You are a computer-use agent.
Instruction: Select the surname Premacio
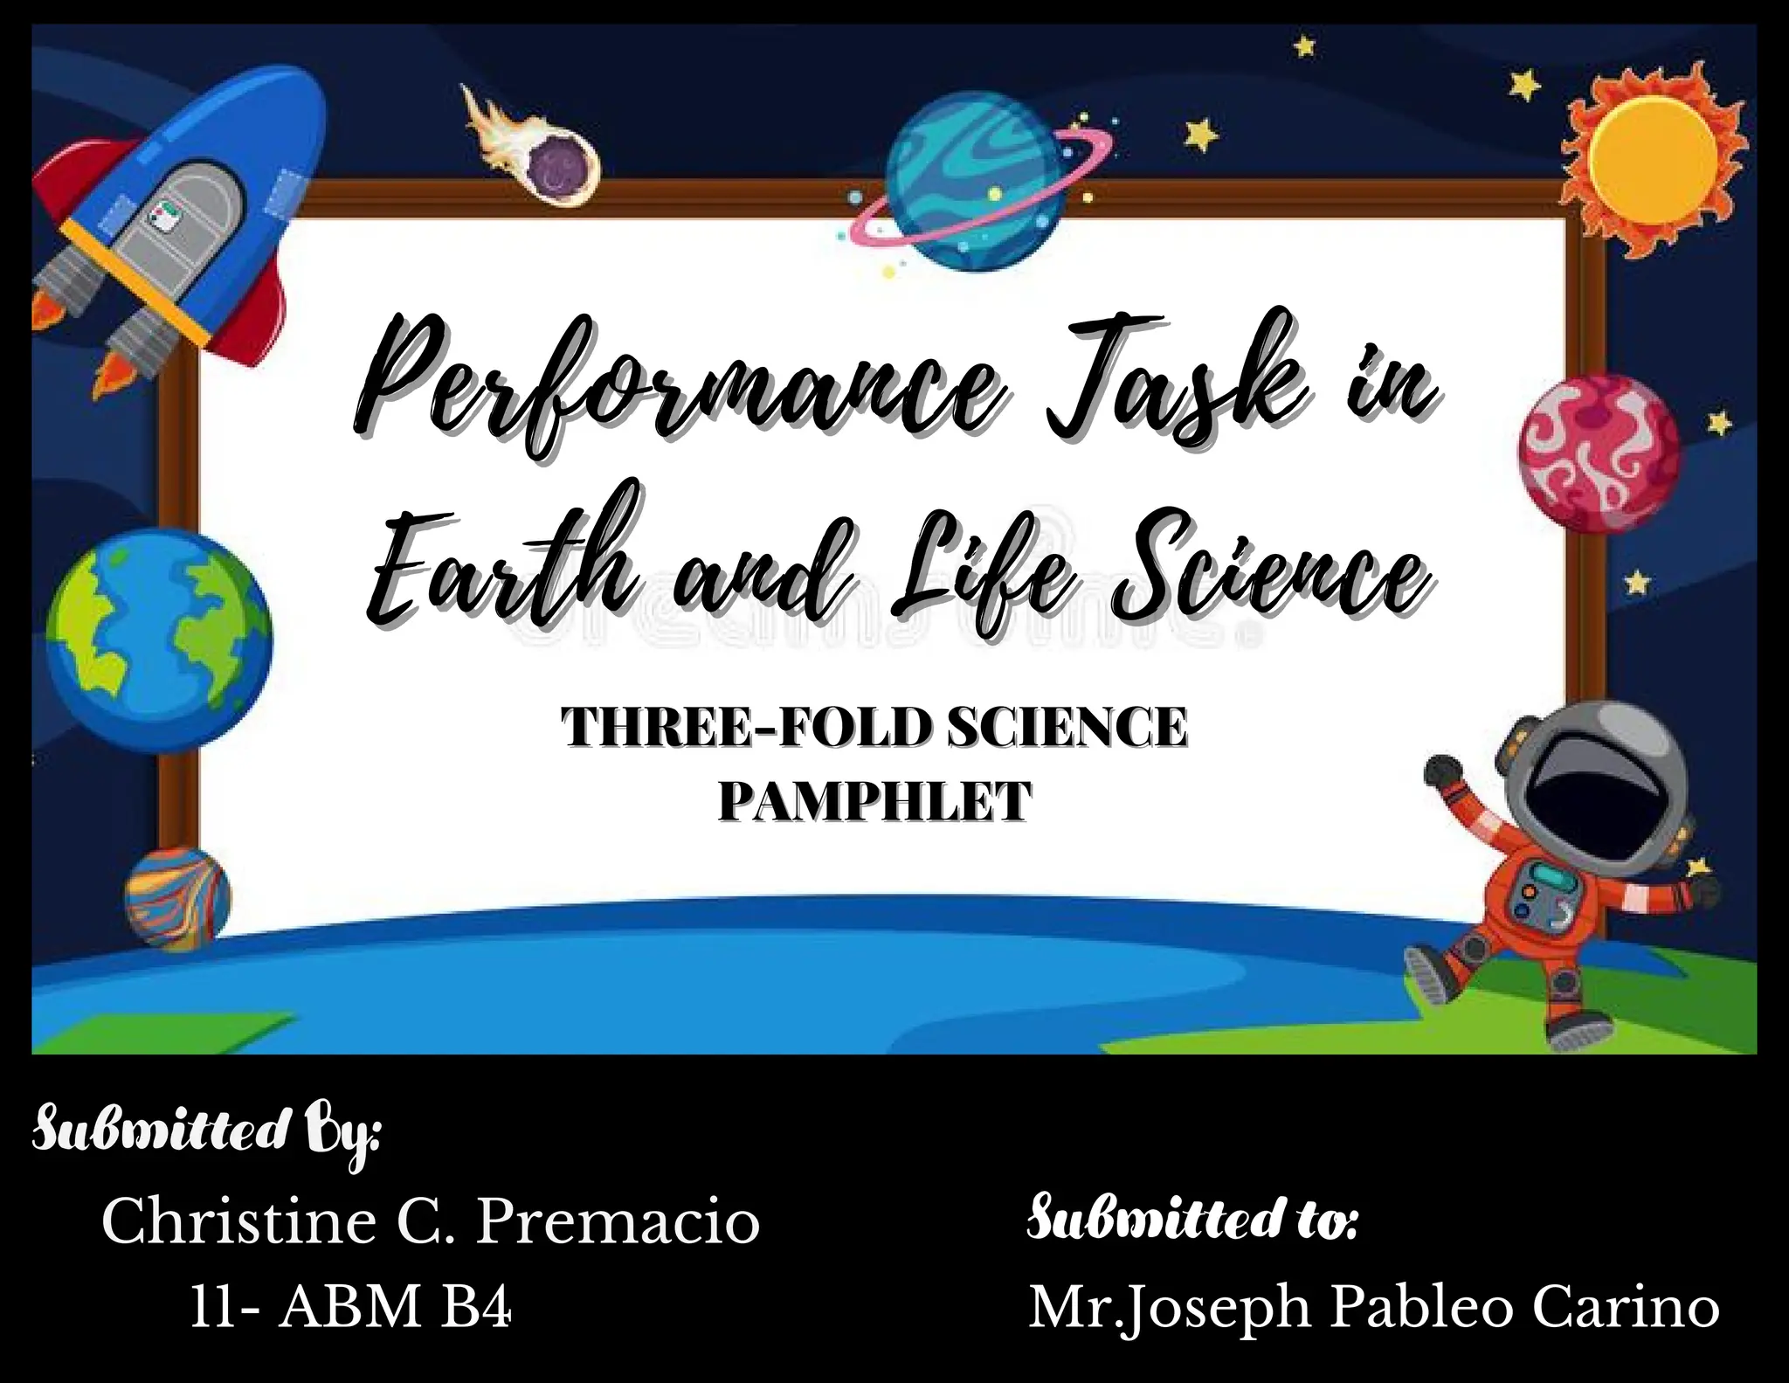coord(617,1222)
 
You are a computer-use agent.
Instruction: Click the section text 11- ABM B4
coord(350,1308)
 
